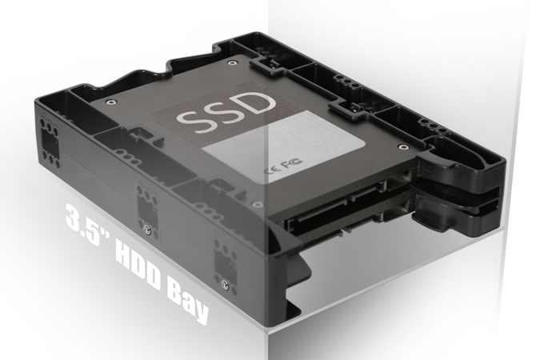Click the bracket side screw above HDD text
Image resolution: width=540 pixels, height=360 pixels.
pyautogui.click(x=146, y=226)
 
